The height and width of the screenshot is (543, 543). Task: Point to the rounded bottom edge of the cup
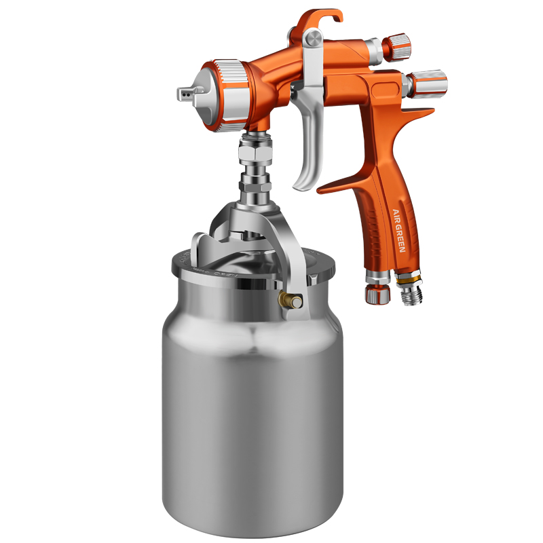coord(252,523)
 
